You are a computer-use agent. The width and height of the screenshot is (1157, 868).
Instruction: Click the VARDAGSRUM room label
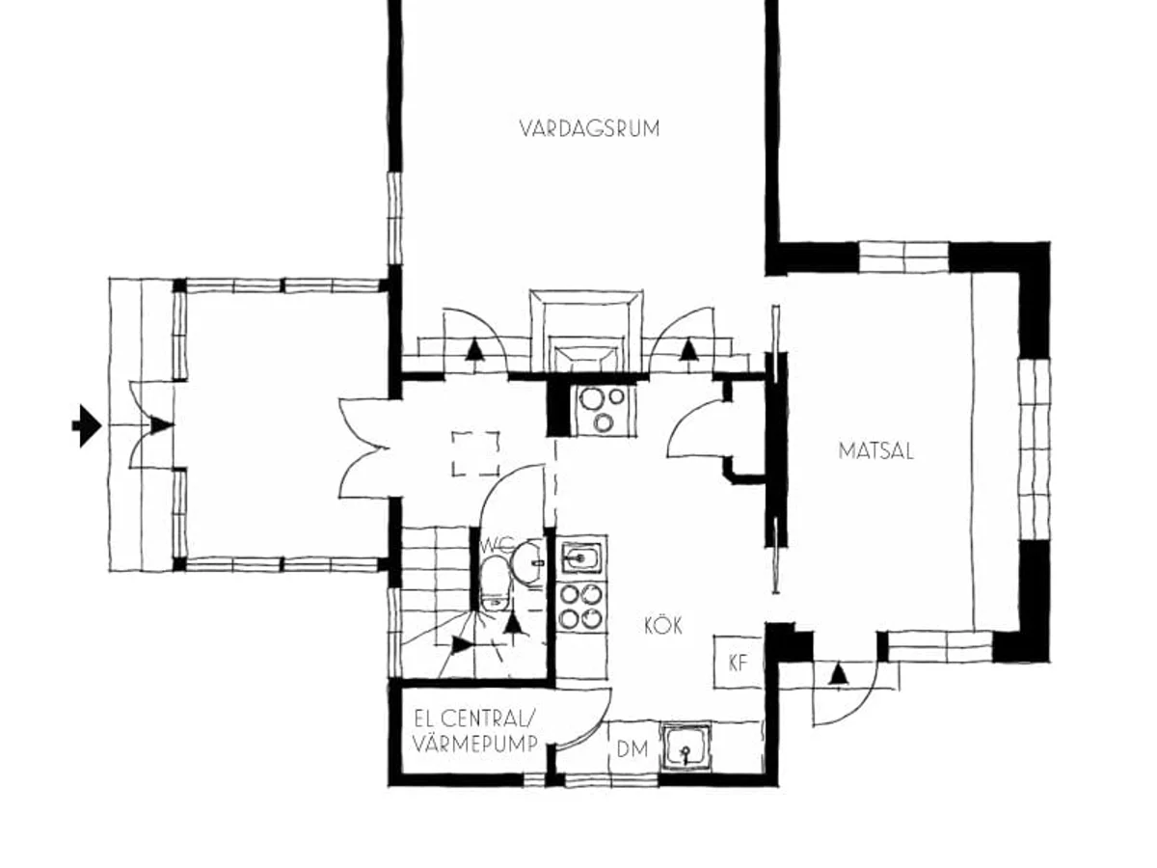click(589, 128)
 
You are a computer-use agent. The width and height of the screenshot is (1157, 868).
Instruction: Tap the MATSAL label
click(875, 451)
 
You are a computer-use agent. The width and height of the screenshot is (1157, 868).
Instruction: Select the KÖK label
click(663, 626)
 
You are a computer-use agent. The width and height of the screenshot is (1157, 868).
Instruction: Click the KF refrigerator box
click(739, 662)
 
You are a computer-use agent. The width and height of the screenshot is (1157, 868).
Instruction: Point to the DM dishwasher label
click(632, 749)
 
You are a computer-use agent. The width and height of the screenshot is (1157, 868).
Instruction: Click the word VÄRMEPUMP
click(475, 745)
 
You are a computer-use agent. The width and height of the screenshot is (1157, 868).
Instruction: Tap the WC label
click(495, 544)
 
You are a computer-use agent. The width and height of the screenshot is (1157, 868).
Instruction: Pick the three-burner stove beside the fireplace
click(602, 409)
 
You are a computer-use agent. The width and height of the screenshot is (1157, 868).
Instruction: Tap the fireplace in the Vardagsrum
click(586, 331)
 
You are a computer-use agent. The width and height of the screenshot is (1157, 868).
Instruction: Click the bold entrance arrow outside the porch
click(87, 426)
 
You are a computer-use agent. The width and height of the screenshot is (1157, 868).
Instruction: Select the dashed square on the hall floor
click(476, 453)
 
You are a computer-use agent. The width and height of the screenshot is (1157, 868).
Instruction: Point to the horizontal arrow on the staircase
click(462, 644)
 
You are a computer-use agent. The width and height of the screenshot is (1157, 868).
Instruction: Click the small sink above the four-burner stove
click(581, 557)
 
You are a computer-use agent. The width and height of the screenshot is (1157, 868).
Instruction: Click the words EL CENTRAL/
click(474, 718)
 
